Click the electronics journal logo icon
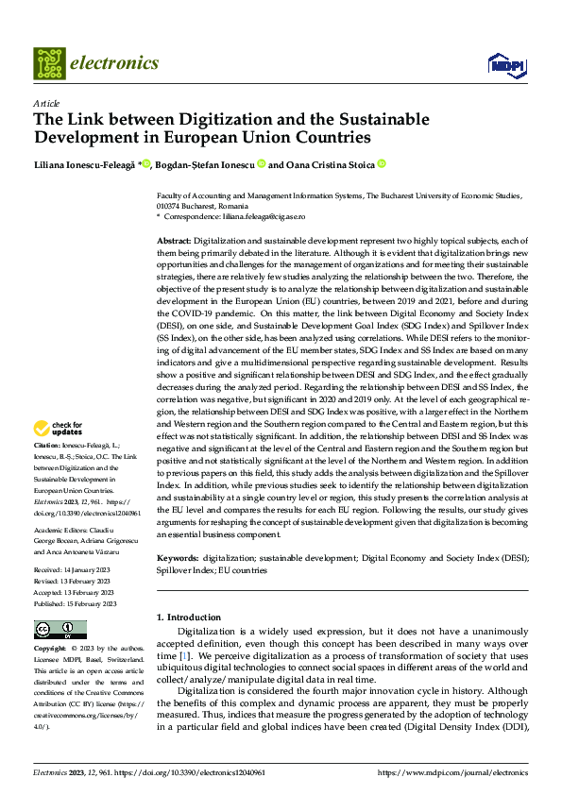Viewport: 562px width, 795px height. (x=49, y=63)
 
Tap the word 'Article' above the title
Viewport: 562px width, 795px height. (x=46, y=102)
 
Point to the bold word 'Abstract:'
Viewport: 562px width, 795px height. (x=175, y=242)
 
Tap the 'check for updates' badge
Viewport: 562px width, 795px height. (x=58, y=428)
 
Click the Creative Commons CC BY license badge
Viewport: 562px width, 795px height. (x=60, y=630)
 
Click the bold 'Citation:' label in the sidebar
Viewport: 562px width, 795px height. (x=46, y=444)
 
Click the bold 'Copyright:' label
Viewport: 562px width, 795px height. (x=51, y=649)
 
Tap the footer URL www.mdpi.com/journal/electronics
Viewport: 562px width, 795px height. (x=452, y=772)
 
